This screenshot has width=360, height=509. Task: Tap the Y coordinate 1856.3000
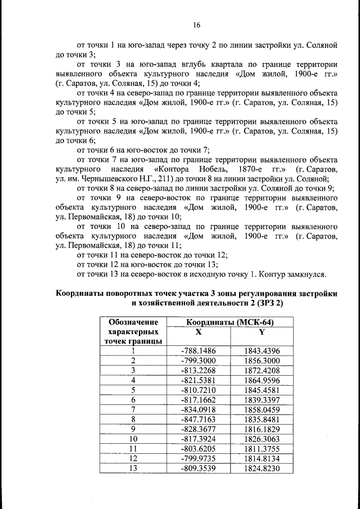tap(262, 361)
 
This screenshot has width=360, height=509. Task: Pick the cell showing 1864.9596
tap(262, 380)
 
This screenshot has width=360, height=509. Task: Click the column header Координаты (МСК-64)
tap(230, 322)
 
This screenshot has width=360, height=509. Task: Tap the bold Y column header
tap(262, 331)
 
